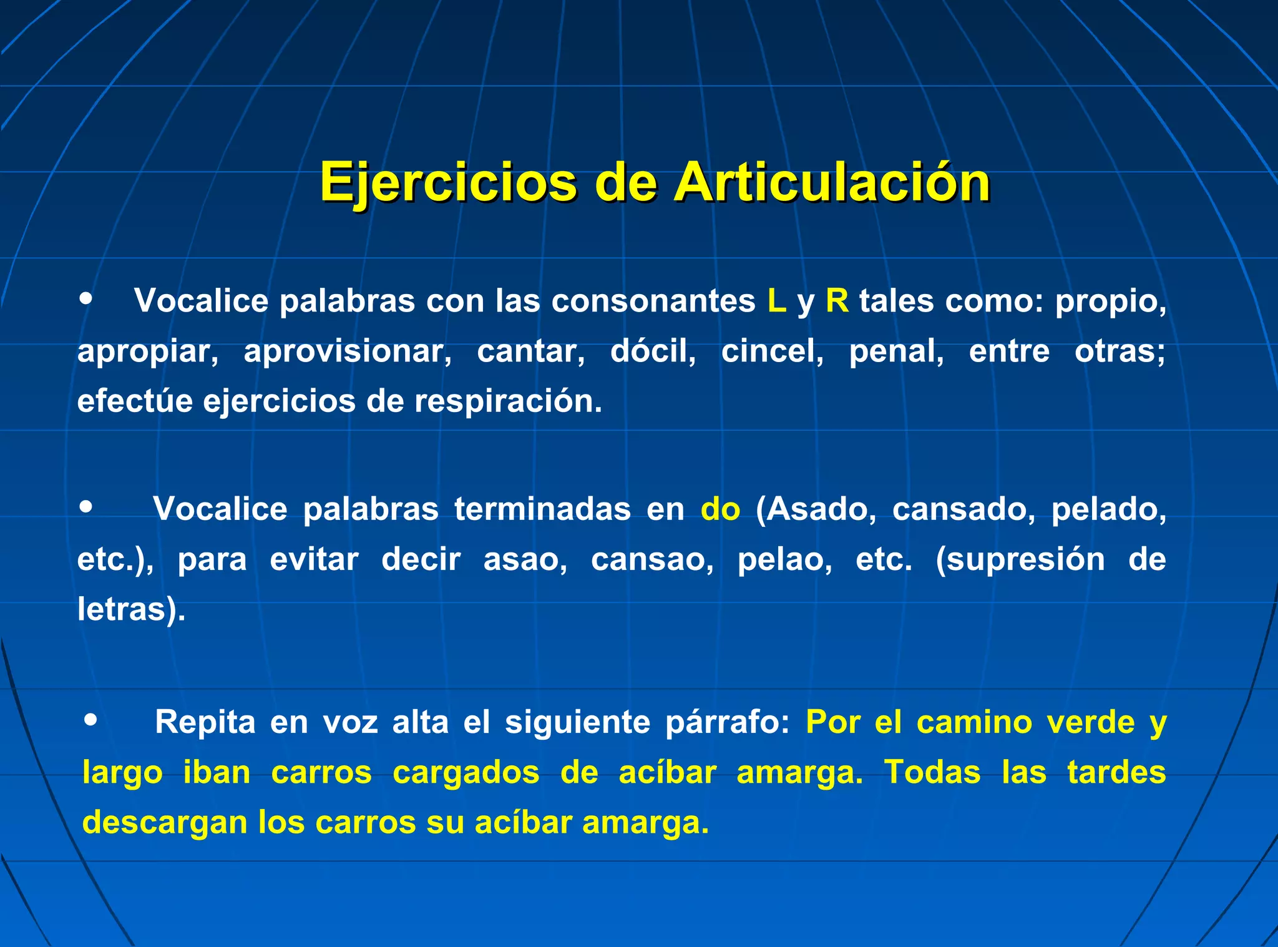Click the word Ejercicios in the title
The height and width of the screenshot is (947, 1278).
pos(448,182)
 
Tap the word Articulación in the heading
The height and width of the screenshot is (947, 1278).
pos(831,182)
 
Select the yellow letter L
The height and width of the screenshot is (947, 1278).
pos(776,301)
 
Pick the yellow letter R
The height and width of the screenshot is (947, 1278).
pos(837,301)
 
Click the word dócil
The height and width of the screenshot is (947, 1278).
pos(653,351)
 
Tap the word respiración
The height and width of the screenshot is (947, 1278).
pos(508,401)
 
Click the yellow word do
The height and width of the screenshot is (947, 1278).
pos(720,509)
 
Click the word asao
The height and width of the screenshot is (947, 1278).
pos(525,559)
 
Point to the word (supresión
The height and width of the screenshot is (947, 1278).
pos(1020,559)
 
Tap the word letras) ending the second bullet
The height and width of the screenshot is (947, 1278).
pos(131,609)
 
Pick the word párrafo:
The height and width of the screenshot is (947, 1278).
pos(728,723)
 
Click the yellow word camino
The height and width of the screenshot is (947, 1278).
pos(974,722)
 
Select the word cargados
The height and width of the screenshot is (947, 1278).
pos(466,773)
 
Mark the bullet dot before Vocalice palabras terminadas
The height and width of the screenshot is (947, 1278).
pos(86,506)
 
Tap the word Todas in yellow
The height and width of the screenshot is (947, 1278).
pos(932,772)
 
